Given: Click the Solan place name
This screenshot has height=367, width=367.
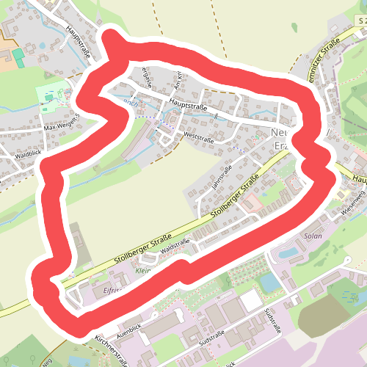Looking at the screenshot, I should tap(313, 237).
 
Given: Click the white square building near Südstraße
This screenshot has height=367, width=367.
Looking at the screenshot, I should tap(250, 299).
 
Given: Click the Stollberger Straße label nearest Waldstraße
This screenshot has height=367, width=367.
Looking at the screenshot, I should tap(143, 250).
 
